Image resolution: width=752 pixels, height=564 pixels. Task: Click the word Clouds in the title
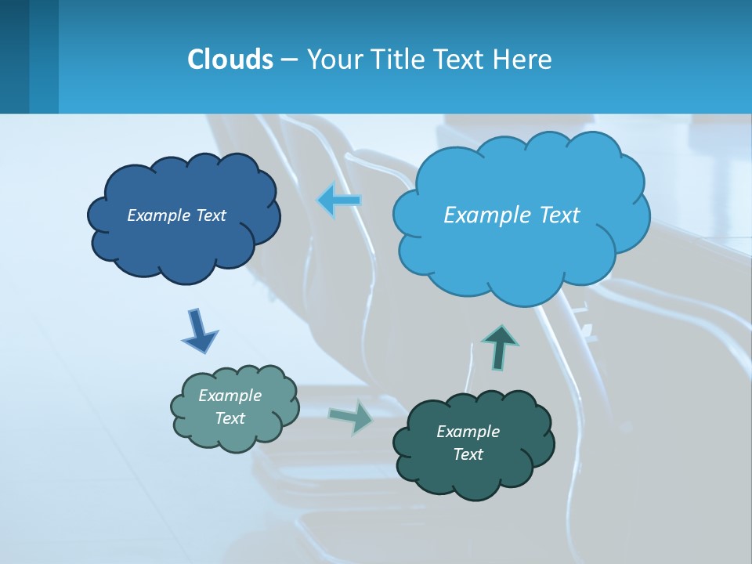(x=230, y=59)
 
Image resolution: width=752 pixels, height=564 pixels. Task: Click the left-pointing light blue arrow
(x=339, y=201)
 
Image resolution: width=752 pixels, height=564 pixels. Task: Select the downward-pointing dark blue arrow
(x=199, y=331)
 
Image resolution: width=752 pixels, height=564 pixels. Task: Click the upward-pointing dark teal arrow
(x=499, y=347)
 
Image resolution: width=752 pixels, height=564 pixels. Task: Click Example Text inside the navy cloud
(x=176, y=215)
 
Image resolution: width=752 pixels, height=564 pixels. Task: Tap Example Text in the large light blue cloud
(x=512, y=215)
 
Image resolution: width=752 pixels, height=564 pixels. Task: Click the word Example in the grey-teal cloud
(x=230, y=396)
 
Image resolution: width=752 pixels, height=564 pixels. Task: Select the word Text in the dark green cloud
(x=468, y=454)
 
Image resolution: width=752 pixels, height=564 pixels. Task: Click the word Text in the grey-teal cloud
(x=230, y=418)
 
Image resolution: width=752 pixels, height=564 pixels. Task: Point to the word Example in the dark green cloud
(x=468, y=432)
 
